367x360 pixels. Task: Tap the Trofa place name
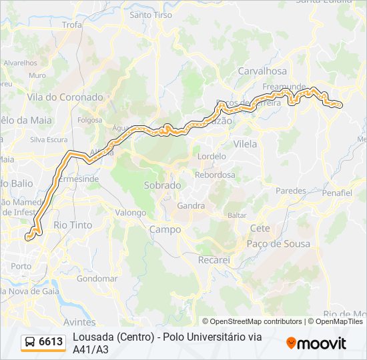click(71, 25)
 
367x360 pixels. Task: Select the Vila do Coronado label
click(65, 97)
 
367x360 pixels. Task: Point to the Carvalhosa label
click(262, 71)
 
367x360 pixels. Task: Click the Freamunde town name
click(284, 87)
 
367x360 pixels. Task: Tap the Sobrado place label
click(162, 185)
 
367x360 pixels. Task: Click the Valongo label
click(130, 213)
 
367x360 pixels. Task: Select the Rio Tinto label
click(73, 225)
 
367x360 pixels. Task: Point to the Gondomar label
click(97, 279)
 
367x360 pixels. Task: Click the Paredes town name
click(290, 191)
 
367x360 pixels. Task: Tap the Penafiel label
click(336, 193)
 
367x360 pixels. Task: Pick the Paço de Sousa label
click(278, 244)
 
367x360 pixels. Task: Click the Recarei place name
click(214, 259)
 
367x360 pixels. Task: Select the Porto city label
click(21, 266)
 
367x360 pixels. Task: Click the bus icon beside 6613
click(30, 342)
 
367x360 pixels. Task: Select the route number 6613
click(51, 342)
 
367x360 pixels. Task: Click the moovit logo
click(316, 343)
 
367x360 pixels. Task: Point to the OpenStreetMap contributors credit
click(252, 321)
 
